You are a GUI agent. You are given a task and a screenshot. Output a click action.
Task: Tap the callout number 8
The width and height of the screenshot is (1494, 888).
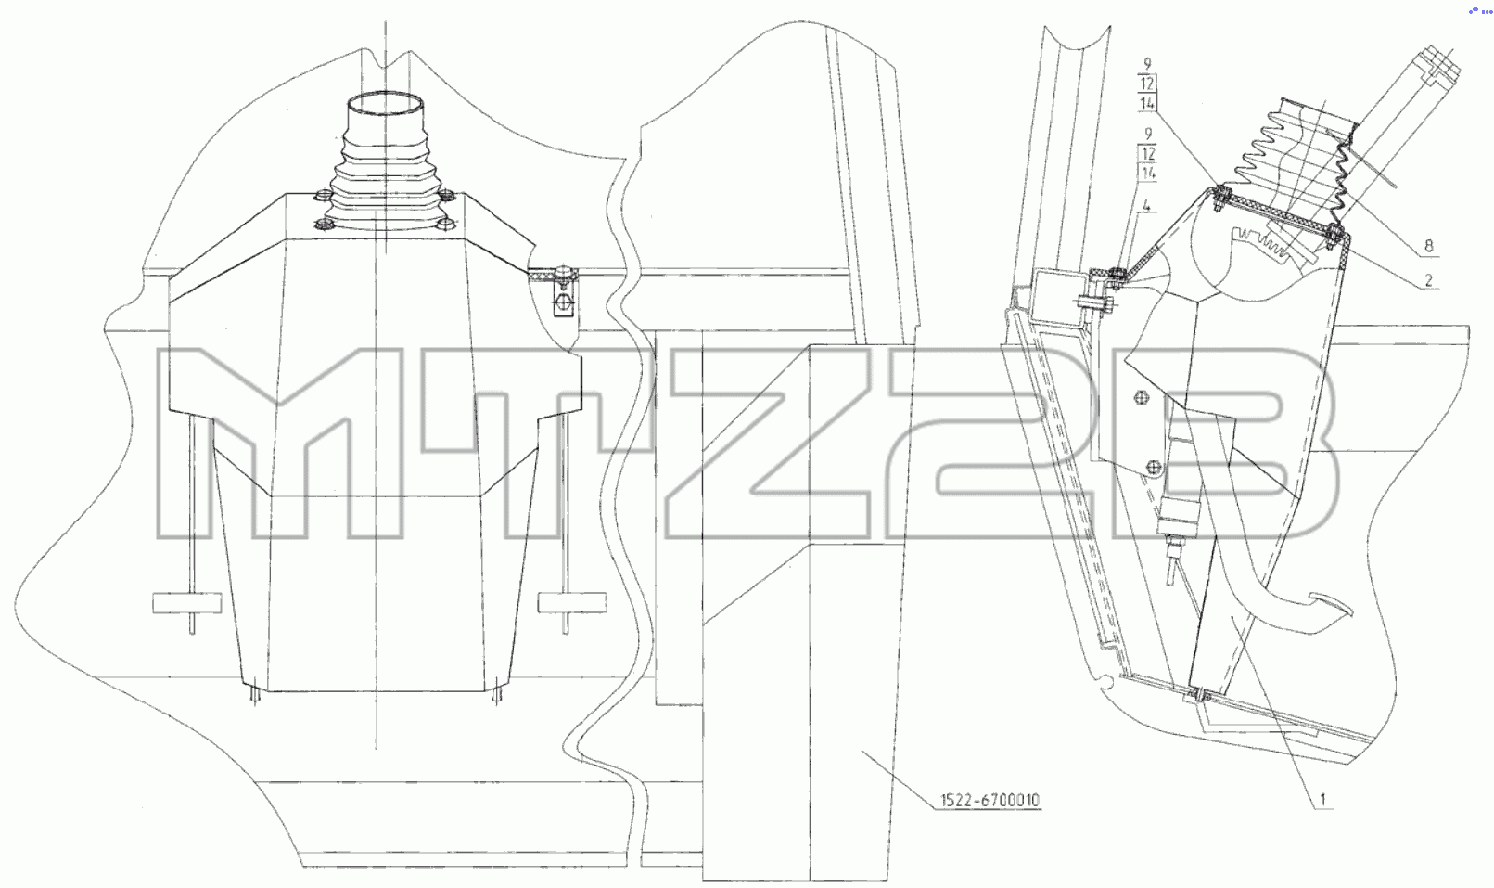click(1428, 246)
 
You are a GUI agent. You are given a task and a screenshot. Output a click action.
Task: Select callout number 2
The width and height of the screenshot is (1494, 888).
click(1429, 280)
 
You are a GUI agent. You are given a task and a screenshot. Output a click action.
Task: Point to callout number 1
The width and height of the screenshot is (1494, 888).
click(1323, 799)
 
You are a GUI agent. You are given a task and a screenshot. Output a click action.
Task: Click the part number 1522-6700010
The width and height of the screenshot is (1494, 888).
click(990, 800)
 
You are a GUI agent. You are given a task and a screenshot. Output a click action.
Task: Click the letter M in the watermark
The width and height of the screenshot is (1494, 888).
click(280, 443)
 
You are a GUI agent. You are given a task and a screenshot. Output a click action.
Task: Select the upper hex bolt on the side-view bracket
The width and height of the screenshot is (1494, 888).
click(1141, 398)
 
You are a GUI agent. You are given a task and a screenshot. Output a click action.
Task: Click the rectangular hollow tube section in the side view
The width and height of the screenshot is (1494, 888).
click(1061, 299)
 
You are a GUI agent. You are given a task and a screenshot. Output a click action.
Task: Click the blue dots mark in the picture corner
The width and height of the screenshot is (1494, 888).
click(1481, 11)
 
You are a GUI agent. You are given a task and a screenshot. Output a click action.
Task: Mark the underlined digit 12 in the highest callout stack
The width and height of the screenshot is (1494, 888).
click(1147, 84)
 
